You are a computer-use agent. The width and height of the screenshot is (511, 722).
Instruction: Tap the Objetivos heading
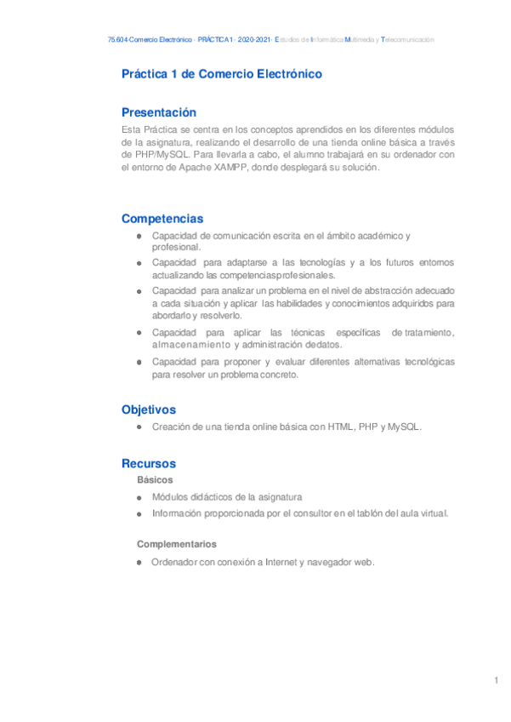[149, 410]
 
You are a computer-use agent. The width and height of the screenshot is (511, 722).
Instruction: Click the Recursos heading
[149, 463]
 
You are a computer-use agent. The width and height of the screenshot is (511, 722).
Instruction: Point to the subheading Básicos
[155, 480]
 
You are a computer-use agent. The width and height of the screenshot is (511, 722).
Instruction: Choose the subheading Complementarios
[177, 543]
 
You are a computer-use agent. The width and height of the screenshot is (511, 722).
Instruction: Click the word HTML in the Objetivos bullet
[342, 427]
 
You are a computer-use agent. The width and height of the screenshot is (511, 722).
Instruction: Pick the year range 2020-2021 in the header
[254, 40]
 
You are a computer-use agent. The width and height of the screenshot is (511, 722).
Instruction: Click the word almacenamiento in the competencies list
[190, 345]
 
